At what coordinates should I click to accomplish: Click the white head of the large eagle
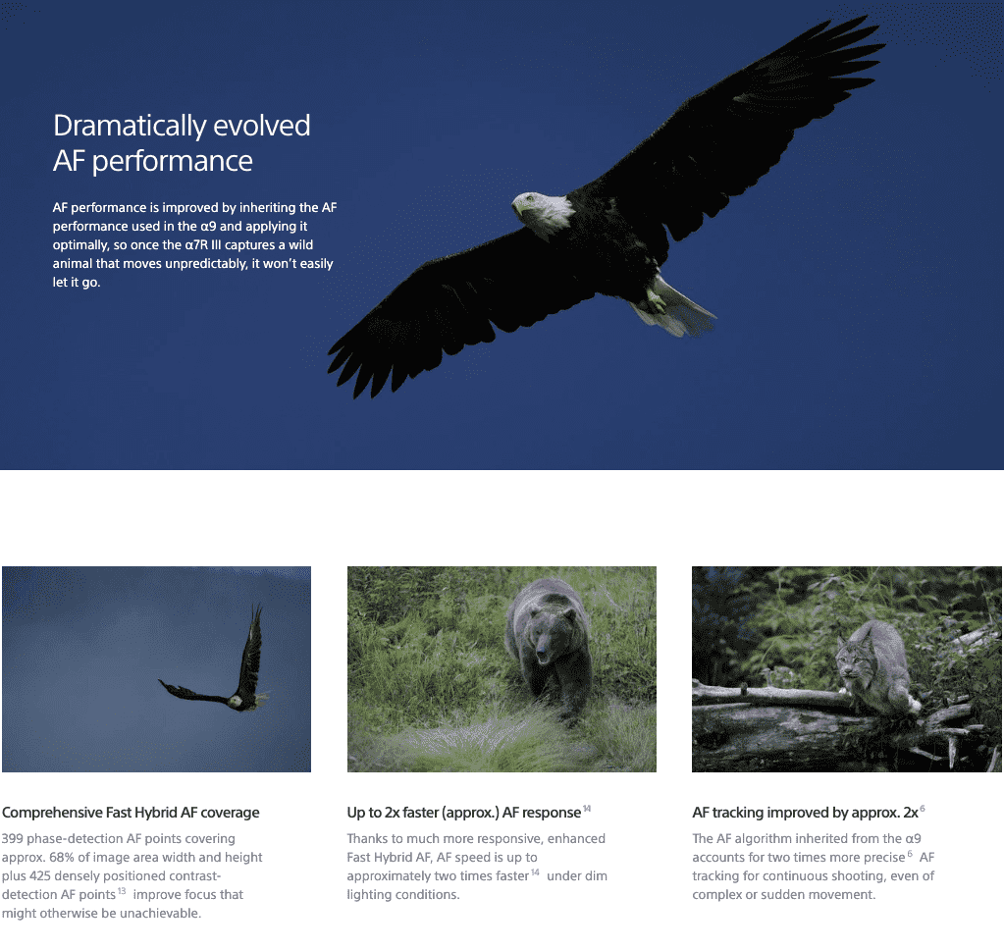pos(541,212)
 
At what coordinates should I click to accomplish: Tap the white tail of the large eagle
pos(679,309)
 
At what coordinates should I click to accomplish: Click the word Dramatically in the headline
pos(129,127)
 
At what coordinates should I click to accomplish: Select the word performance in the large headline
pos(173,161)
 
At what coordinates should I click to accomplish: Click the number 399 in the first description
pos(12,838)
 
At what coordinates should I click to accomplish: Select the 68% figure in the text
pos(62,857)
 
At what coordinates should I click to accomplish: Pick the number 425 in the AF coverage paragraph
pos(40,875)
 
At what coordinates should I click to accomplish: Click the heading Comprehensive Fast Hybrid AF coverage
pos(131,813)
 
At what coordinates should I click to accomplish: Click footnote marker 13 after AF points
pos(122,891)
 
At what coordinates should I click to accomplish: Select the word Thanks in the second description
pos(368,838)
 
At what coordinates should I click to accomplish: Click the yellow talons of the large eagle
pos(656,301)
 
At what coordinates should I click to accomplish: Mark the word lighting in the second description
pos(369,895)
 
